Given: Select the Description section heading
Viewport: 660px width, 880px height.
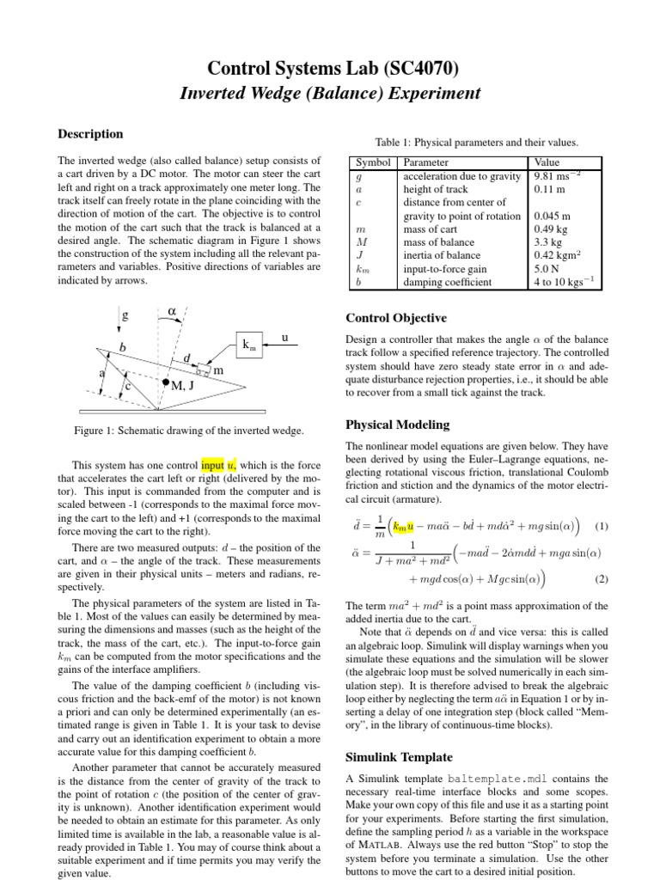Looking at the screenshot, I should pos(89,134).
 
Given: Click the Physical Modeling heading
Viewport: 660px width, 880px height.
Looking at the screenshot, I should pos(397,425).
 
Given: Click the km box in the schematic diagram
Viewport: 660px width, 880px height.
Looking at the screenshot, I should pos(251,345).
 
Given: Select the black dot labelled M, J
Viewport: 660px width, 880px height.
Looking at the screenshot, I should pos(165,381).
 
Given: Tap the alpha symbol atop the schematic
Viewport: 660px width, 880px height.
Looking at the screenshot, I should pos(171,310).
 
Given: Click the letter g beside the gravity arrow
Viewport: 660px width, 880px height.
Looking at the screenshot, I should pos(125,315).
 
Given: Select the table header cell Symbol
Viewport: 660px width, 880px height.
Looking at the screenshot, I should pos(373,162).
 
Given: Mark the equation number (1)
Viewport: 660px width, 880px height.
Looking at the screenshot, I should pos(602,526).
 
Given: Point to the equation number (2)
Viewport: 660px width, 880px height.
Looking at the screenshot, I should pos(602,578).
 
